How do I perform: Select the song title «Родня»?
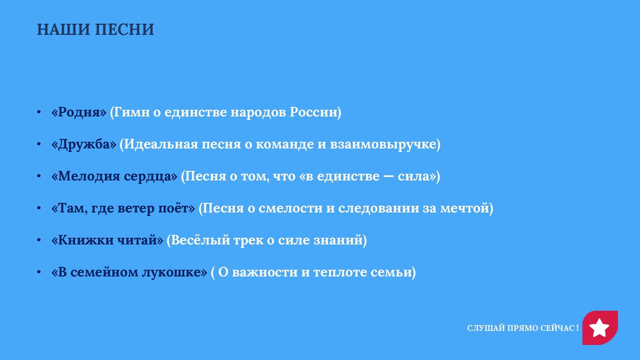click(x=79, y=112)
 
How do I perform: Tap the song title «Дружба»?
click(x=84, y=144)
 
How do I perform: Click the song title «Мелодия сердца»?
click(x=114, y=176)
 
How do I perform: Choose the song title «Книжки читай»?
click(x=107, y=240)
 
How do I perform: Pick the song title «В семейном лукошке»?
click(x=129, y=272)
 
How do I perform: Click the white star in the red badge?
click(x=599, y=328)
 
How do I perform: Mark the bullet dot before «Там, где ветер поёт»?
click(x=39, y=208)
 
